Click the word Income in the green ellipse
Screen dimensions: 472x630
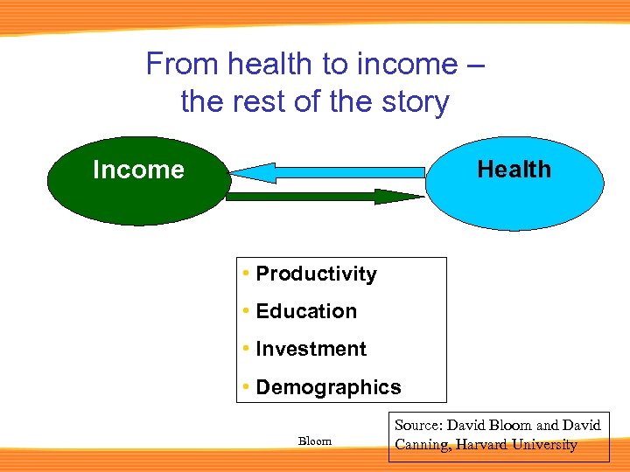point(138,170)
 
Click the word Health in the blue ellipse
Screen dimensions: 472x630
point(514,169)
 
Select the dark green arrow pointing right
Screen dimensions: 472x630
point(306,197)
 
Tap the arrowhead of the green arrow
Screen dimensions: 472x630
point(398,197)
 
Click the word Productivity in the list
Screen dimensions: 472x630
point(316,274)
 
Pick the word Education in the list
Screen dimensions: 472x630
point(306,311)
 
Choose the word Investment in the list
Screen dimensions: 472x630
point(311,349)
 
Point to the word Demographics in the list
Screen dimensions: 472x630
point(328,387)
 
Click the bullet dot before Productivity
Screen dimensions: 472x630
point(248,274)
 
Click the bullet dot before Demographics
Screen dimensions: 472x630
point(248,386)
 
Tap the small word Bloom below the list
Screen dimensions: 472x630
point(315,441)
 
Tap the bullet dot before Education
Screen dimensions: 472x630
point(248,311)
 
